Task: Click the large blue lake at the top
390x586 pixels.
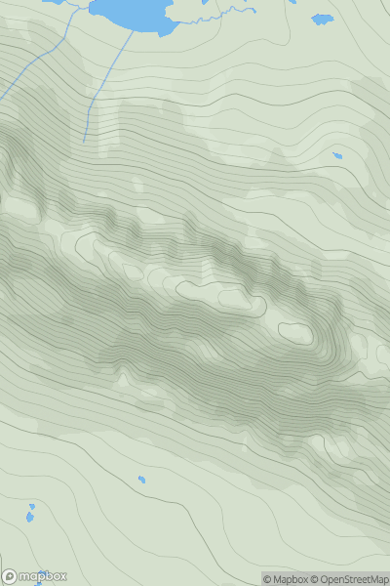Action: click(132, 12)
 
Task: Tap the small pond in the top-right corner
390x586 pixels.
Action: click(322, 19)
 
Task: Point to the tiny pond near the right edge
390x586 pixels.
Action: click(337, 155)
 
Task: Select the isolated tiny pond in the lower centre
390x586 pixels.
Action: click(141, 480)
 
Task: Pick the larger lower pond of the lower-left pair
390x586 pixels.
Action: click(29, 517)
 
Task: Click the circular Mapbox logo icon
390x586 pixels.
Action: click(9, 576)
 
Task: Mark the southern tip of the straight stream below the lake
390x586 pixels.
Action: click(84, 142)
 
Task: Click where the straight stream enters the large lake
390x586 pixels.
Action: click(133, 29)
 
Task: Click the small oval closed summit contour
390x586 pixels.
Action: click(296, 332)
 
